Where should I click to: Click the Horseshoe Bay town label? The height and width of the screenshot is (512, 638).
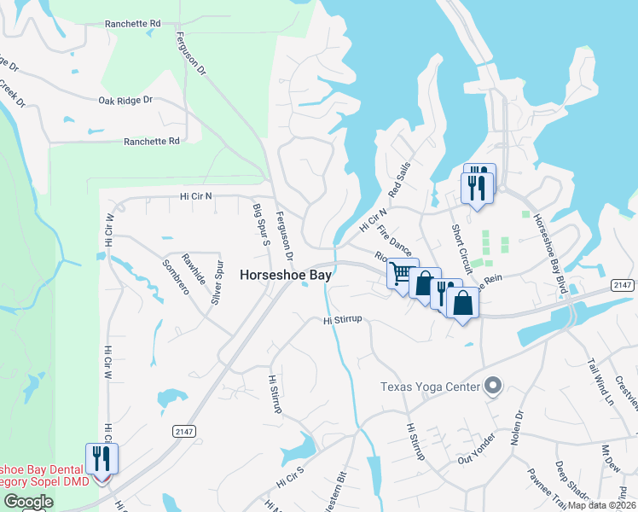[x=286, y=275]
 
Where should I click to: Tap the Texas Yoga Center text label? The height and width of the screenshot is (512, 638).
[x=431, y=387]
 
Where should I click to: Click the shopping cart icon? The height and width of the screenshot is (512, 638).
[x=400, y=274]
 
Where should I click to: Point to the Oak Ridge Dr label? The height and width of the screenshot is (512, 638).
[x=125, y=100]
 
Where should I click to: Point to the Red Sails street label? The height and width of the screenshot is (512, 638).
[x=399, y=178]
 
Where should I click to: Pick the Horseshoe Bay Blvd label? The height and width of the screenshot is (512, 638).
[x=551, y=253]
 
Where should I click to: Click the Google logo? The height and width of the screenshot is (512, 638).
[x=28, y=502]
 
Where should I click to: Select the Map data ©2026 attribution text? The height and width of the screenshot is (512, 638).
[x=602, y=505]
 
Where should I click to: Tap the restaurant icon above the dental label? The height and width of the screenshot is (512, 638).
[x=101, y=459]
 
